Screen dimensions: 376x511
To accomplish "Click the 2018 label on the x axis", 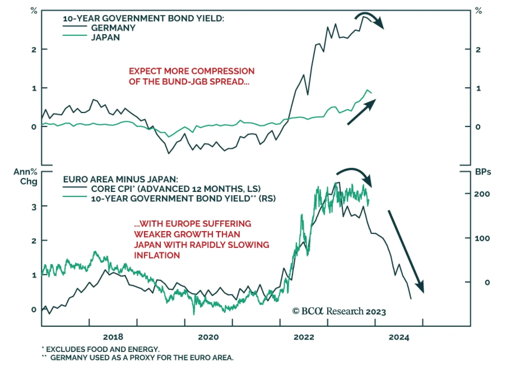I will coord(113,337).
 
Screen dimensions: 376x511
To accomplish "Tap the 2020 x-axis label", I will coord(208,337).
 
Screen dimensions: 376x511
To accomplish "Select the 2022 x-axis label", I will coord(304,337).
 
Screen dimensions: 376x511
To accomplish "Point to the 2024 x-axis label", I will coord(399,337).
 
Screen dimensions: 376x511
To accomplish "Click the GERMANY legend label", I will coord(113,28).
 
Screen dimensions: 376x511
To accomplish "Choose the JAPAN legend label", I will coord(105,38).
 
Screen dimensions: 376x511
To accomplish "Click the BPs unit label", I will coord(483,172).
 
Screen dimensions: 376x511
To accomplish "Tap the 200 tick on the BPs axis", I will coord(482,194).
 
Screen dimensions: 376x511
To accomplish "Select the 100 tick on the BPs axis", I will coord(482,238).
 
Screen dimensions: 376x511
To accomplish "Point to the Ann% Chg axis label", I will coord(26,176).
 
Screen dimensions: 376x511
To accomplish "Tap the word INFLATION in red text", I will coord(157,255).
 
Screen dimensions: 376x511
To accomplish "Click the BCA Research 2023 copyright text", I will coord(339,311).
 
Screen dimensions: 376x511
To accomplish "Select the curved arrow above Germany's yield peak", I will coord(370,19).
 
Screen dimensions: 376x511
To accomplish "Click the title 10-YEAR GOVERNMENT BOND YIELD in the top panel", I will coord(143,18).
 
